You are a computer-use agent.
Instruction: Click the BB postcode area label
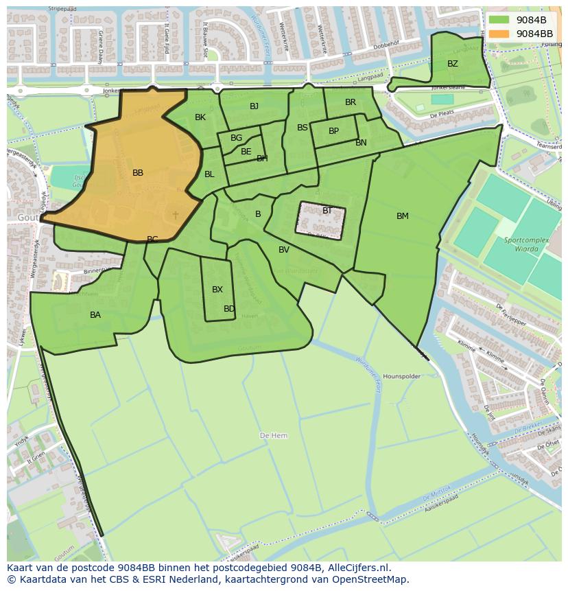[138, 173]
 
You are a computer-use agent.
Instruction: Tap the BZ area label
[453, 64]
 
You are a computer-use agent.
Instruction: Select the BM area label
[403, 216]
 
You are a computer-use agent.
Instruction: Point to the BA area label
[95, 315]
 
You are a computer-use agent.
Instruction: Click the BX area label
[217, 290]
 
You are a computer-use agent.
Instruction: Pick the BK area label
[200, 117]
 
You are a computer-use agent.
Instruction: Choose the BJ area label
[255, 106]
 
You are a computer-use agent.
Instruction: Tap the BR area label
[351, 102]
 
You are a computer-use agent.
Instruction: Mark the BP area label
[333, 131]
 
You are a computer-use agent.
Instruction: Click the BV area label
[284, 250]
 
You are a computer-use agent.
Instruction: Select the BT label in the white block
[327, 211]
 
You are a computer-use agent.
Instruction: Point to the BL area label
[209, 174]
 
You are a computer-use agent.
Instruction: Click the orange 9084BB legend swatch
[499, 34]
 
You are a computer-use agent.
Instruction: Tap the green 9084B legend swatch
[499, 20]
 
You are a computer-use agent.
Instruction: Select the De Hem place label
[274, 436]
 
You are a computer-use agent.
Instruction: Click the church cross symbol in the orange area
[176, 215]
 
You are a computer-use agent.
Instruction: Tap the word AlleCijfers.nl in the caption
[359, 568]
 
